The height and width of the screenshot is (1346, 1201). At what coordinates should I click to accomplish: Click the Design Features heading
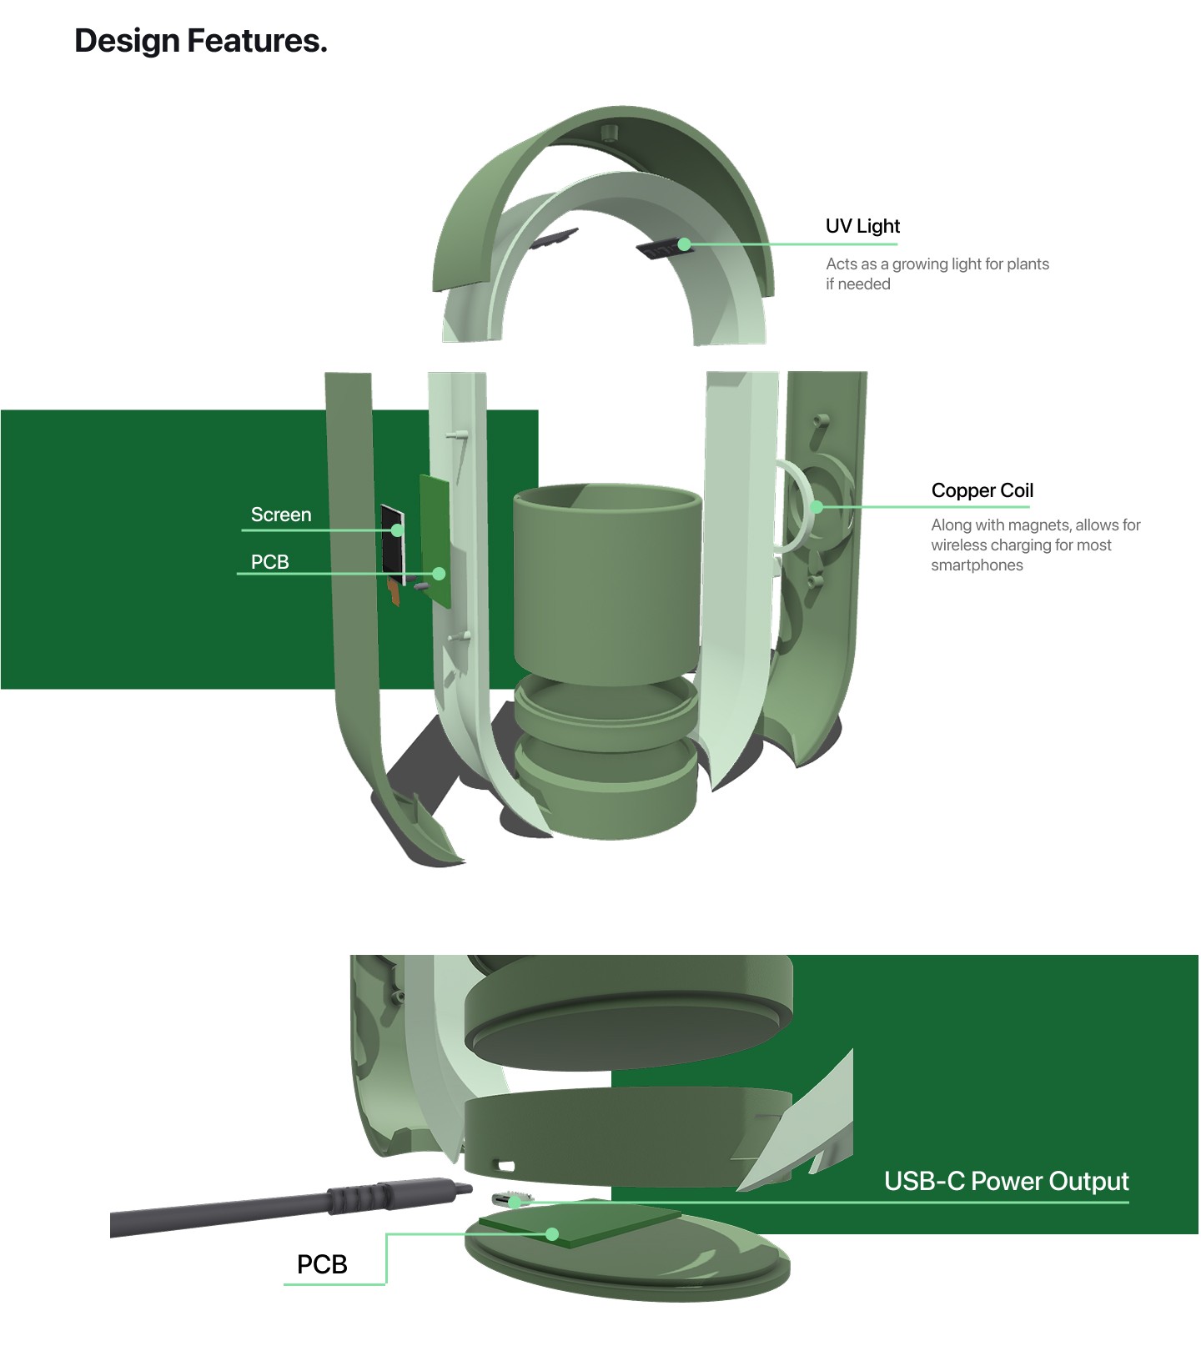pos(200,41)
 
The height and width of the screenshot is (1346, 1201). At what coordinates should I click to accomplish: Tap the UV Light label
pos(862,226)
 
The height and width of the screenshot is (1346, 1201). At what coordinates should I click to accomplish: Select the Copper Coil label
pos(982,490)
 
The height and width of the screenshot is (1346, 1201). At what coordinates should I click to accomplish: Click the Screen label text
pos(281,515)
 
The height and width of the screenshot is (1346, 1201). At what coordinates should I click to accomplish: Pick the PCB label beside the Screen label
pos(269,562)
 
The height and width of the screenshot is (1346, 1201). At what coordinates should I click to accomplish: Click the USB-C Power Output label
pos(1006,1181)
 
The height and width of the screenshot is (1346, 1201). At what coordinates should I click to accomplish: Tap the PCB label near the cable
pos(322,1264)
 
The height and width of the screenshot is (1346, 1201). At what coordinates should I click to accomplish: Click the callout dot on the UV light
pos(684,244)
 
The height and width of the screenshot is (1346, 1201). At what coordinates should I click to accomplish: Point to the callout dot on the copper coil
pos(817,506)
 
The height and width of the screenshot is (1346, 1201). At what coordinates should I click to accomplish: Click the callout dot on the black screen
pos(398,530)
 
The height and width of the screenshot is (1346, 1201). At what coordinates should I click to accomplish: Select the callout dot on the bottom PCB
pos(551,1233)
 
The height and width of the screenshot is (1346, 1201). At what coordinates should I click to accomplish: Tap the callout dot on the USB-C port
pos(515,1202)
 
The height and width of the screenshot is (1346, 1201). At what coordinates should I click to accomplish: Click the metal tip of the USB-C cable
pos(461,1189)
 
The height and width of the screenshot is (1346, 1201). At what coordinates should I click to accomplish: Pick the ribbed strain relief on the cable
pos(349,1199)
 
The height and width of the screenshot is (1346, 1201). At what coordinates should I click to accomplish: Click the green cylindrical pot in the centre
pos(606,584)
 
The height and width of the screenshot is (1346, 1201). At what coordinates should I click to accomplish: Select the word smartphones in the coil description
pos(977,565)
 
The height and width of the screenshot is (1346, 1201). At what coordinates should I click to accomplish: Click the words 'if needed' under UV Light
pos(857,284)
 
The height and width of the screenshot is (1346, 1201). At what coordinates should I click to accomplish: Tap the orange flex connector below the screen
pos(394,593)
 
